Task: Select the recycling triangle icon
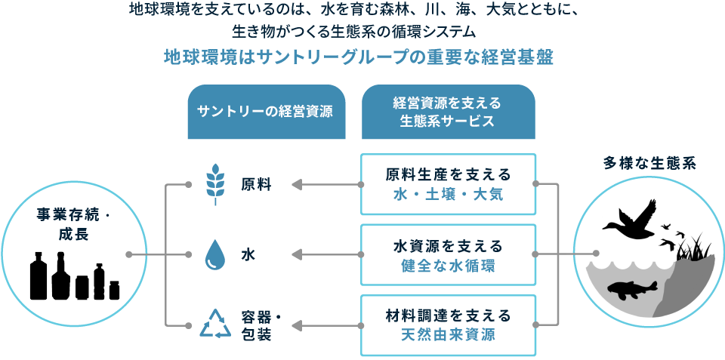(x=215, y=325)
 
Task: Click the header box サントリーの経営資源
(x=266, y=112)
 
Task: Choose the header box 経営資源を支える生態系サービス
(x=448, y=112)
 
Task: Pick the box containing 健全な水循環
(x=448, y=255)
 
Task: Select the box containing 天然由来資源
(x=448, y=325)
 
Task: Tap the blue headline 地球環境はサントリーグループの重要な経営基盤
(x=359, y=59)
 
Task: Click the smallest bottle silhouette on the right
(x=114, y=289)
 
